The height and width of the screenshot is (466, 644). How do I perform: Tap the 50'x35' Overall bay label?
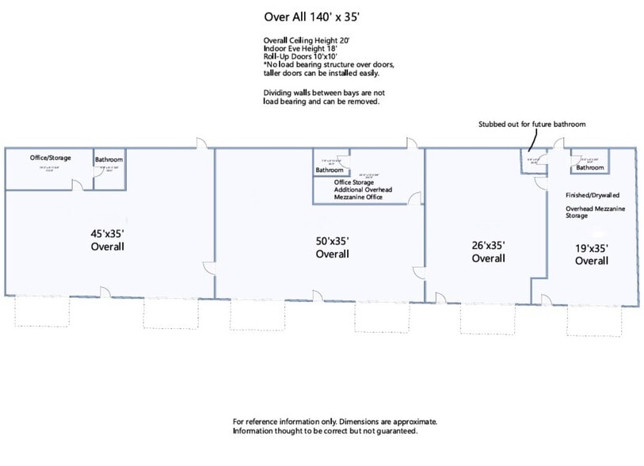coord(332,247)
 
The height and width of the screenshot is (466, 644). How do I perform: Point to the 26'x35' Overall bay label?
coord(488,252)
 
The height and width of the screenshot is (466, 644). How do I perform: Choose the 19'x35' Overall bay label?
coord(591,254)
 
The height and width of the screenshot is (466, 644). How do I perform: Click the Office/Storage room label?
coord(50,158)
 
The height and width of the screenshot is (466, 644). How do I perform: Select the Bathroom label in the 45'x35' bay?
coord(109,159)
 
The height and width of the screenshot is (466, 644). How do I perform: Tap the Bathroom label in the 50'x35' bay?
coord(330,170)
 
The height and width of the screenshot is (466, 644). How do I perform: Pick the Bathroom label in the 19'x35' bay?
coord(589,167)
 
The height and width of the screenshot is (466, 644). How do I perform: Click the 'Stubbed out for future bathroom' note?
coord(532,124)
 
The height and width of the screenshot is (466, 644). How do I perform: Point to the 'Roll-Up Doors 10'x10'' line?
coord(302,57)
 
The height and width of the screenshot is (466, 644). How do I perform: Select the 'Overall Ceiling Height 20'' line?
coord(305,40)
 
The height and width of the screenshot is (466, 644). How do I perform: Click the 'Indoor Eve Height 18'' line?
coord(299,48)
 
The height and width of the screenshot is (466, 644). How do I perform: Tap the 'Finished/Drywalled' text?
coord(592,194)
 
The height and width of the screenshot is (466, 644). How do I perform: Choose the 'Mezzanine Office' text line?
coord(358,197)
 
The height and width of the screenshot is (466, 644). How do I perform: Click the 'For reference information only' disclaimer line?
coord(334,422)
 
